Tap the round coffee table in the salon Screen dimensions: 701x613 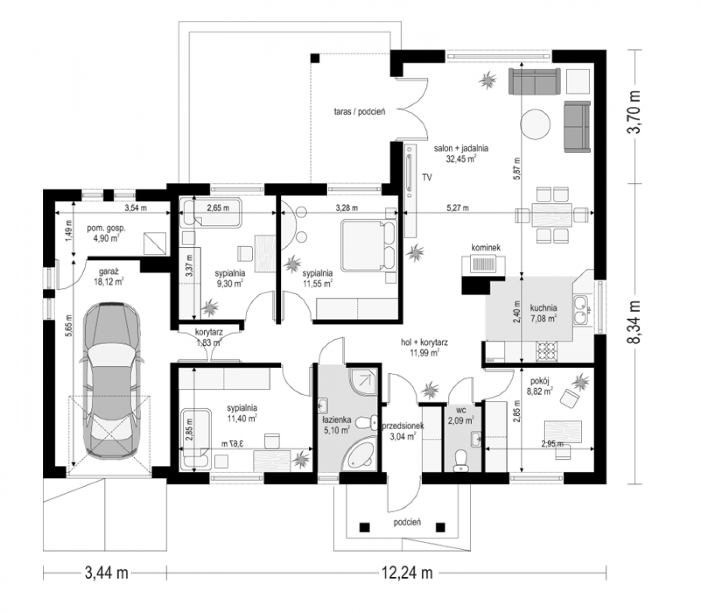(535, 124)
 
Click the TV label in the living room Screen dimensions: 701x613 (427, 177)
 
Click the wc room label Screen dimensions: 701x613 (461, 410)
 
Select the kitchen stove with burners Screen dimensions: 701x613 (546, 351)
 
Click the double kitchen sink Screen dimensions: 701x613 (581, 310)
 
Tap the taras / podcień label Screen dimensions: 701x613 (359, 112)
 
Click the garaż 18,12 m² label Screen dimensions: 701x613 (109, 276)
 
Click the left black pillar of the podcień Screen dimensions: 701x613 (364, 527)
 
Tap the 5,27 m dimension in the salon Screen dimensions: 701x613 (458, 207)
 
